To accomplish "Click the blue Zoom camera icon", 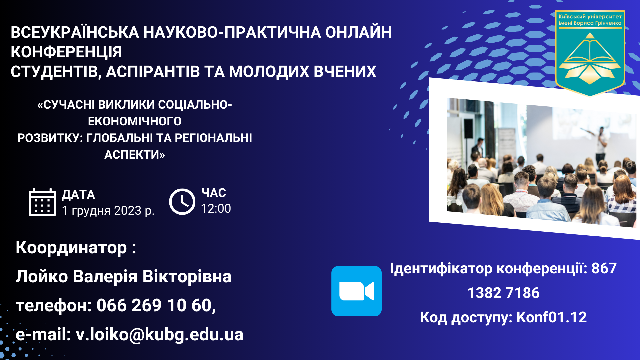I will click(356, 291).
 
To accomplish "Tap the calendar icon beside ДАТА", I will click(42, 202).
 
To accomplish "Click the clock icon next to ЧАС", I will click(182, 202).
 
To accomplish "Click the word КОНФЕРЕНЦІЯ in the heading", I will click(66, 52).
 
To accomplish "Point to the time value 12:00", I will click(216, 209).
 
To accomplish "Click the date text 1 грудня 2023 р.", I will click(108, 211).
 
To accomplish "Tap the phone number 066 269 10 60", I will click(156, 305).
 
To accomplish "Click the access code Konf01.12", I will click(551, 317).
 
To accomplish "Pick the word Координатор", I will click(71, 248).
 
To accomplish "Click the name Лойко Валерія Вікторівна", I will click(123, 277).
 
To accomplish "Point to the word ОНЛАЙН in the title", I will click(358, 32).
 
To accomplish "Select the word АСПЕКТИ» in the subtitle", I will click(135, 155).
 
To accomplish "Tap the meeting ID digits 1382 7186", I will click(503, 293).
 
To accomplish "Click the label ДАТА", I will click(78, 195).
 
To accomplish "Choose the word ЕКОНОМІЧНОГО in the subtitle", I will click(135, 121).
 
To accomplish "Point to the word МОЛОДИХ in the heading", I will click(269, 72).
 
